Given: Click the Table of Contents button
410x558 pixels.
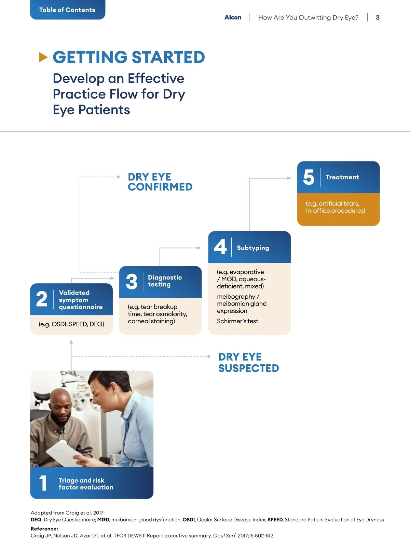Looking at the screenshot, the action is pos(67,10).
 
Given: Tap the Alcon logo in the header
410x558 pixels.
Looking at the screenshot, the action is pos(233,17).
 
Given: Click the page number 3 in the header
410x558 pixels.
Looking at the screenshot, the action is pos(378,18).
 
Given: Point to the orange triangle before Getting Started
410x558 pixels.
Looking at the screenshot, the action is pos(43,57).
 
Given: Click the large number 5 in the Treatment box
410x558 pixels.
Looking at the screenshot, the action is pos(309,177).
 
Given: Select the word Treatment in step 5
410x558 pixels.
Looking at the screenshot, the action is pos(342,177).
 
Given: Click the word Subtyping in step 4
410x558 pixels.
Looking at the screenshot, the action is pos(253,248).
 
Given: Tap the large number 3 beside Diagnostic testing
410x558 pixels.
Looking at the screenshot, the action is pos(131,282).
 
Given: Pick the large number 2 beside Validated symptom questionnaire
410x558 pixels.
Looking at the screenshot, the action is pos(42,299).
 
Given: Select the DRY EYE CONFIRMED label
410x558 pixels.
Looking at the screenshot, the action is pos(160,182).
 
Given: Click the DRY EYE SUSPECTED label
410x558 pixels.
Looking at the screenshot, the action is pos(248,362).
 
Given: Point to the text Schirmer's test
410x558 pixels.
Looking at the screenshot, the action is pos(237,321).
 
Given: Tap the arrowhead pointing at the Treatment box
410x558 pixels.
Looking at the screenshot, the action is pos(289,178).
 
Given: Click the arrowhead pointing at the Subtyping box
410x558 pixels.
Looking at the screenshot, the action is pos(199,248).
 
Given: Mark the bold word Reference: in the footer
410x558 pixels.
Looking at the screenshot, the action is pos(44,529).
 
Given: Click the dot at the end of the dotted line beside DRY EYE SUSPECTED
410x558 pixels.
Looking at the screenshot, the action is pos(208,356).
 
